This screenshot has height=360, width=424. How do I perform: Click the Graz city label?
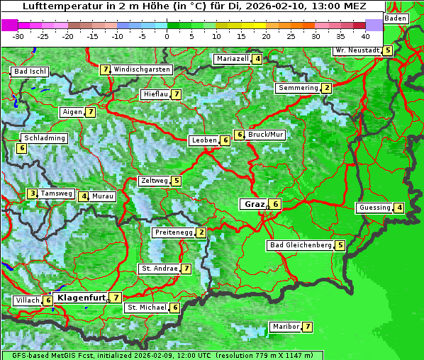254,204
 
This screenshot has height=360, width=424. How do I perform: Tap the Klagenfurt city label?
81,298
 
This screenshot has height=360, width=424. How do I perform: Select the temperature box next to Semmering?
326,88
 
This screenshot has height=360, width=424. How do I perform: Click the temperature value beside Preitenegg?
201,232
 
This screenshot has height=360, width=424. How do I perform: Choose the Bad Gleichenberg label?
300,245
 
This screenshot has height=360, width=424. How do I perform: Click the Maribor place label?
284,327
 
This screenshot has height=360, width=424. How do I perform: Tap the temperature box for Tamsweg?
32,193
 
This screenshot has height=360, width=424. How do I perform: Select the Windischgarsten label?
142,69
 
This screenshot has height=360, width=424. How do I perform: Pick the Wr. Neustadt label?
357,50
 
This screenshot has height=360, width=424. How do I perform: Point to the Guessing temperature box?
400,208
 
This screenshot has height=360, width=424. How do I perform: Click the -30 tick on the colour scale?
18,36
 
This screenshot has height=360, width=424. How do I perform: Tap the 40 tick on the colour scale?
365,36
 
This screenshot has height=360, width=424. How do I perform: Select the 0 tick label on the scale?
167,36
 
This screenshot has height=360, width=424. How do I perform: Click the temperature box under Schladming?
22,148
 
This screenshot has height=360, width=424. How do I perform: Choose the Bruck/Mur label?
266,135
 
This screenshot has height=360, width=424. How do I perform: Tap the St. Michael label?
146,308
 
